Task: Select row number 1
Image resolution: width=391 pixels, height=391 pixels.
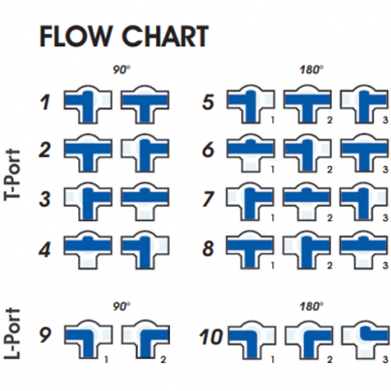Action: coord(44,99)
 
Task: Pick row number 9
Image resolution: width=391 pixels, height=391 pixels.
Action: coord(44,337)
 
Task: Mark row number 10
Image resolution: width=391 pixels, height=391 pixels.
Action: coord(211,337)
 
